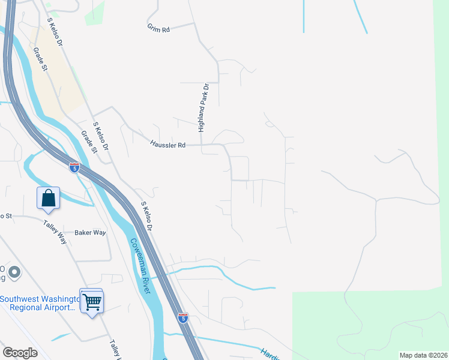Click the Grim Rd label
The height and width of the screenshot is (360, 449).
158,28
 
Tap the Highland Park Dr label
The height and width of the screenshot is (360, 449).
204,108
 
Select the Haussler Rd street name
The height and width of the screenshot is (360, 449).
168,145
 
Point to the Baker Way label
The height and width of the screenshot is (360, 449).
90,232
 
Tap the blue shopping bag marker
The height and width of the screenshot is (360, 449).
48,198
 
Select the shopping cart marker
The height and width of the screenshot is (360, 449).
92,302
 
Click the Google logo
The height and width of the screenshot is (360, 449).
20,353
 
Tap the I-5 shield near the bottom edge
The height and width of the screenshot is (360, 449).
183,317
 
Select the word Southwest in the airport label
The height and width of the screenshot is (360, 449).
23,299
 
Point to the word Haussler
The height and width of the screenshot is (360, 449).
163,145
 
